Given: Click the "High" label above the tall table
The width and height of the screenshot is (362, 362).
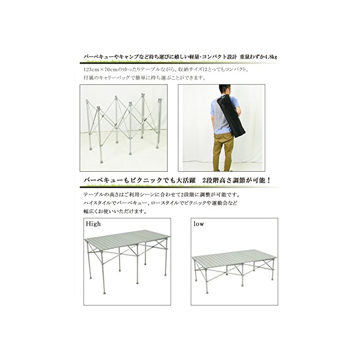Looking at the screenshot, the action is [93, 224].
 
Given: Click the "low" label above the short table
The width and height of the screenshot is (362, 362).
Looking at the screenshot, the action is [199, 224].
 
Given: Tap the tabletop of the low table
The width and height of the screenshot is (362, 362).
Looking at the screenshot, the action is [235, 257].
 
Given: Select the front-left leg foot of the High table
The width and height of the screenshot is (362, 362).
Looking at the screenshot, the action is [104, 291].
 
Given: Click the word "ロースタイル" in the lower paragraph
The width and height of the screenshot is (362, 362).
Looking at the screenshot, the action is [164, 203].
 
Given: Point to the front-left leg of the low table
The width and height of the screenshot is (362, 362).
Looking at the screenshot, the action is [206, 281].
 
